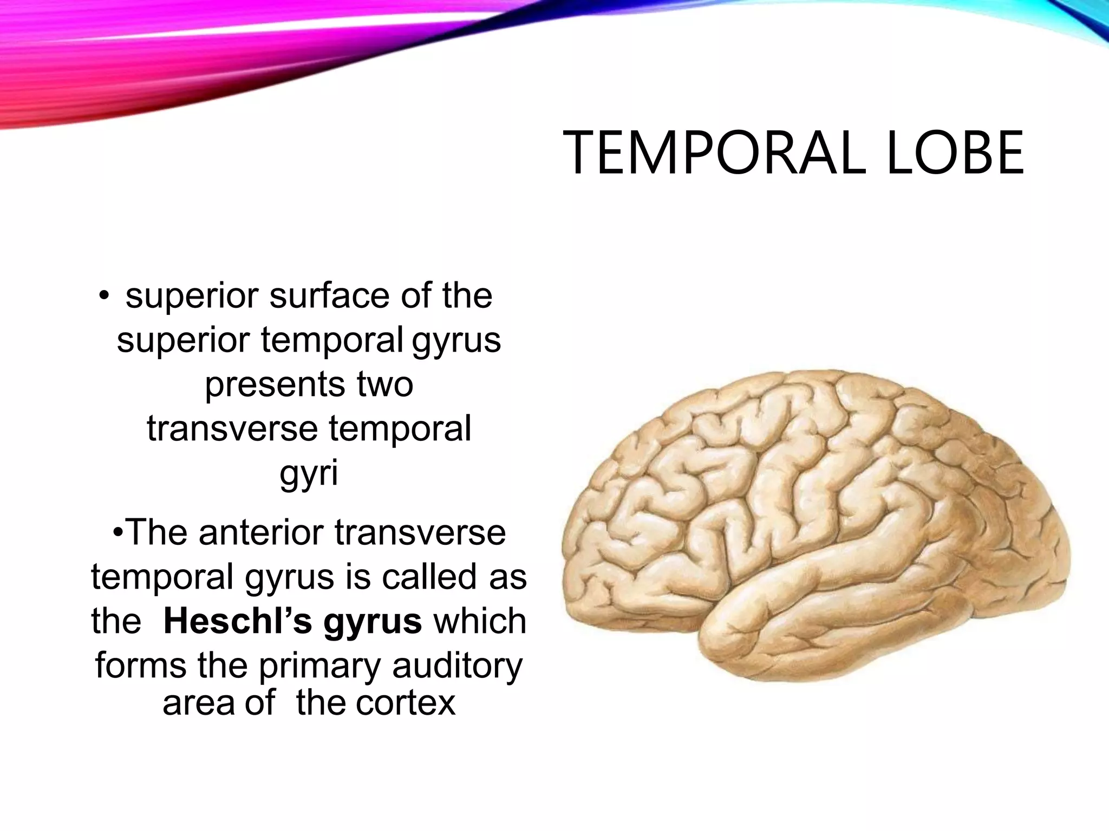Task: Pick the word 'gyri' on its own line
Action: tap(309, 473)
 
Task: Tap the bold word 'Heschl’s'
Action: tap(238, 621)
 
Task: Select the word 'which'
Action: tap(480, 621)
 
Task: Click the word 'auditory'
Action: tap(458, 667)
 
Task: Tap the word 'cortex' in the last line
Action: tap(406, 703)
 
